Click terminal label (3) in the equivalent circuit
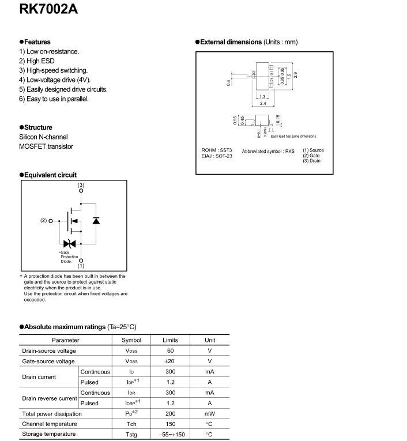pyautogui.click(x=81, y=184)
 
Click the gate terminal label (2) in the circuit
pyautogui.click(x=43, y=220)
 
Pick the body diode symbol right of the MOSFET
pyautogui.click(x=96, y=220)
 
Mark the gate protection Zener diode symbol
pyautogui.click(x=69, y=244)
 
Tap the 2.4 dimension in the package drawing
pyautogui.click(x=263, y=103)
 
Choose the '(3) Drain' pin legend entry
pyautogui.click(x=314, y=161)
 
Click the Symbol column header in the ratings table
pyautogui.click(x=131, y=341)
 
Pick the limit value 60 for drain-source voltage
pyautogui.click(x=170, y=350)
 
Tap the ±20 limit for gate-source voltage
pyautogui.click(x=170, y=361)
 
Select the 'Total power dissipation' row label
pyautogui.click(x=52, y=413)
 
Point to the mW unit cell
pyautogui.click(x=209, y=413)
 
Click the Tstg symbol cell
pyautogui.click(x=131, y=434)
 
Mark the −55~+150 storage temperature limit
pyautogui.click(x=170, y=434)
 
